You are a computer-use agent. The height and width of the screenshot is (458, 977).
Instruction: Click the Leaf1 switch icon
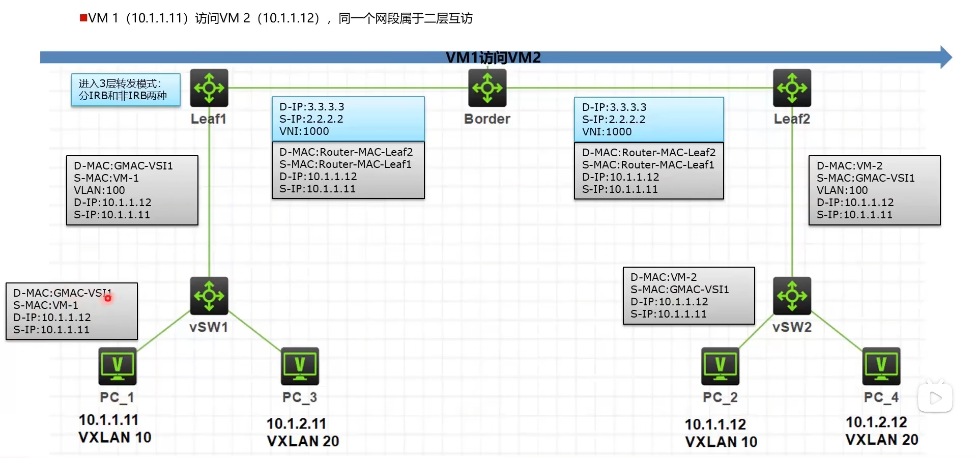[x=209, y=88]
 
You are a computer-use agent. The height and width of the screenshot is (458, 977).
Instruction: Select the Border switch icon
[x=487, y=88]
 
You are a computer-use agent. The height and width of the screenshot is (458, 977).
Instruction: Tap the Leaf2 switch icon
[x=792, y=88]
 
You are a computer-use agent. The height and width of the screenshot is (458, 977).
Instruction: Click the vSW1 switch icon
[x=209, y=296]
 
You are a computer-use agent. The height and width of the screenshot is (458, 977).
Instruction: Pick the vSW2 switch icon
[x=792, y=296]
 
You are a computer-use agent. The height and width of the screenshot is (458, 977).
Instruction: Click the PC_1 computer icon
[x=118, y=366]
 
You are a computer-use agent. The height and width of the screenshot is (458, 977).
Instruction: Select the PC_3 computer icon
[x=300, y=366]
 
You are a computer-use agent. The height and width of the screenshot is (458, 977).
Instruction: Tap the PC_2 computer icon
[x=720, y=366]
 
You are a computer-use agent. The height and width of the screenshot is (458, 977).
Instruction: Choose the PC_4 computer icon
[x=881, y=366]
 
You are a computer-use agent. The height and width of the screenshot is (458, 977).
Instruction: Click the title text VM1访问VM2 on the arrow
[x=493, y=58]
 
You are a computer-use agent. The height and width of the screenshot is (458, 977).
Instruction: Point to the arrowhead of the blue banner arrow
[x=945, y=57]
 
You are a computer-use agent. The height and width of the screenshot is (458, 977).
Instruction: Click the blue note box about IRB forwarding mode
[x=126, y=90]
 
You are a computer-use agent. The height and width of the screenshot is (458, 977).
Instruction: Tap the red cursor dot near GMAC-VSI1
[x=108, y=298]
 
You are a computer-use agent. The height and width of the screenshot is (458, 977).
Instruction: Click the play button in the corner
[x=935, y=398]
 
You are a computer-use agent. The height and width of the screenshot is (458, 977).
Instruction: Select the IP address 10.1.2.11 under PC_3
[x=296, y=423]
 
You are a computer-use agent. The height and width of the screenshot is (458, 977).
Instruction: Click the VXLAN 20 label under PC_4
[x=882, y=439]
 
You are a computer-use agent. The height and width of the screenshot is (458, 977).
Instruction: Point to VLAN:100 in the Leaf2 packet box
[x=842, y=190]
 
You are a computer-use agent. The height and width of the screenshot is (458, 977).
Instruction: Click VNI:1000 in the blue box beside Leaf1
[x=304, y=131]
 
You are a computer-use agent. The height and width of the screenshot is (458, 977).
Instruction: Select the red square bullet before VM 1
[x=83, y=18]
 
